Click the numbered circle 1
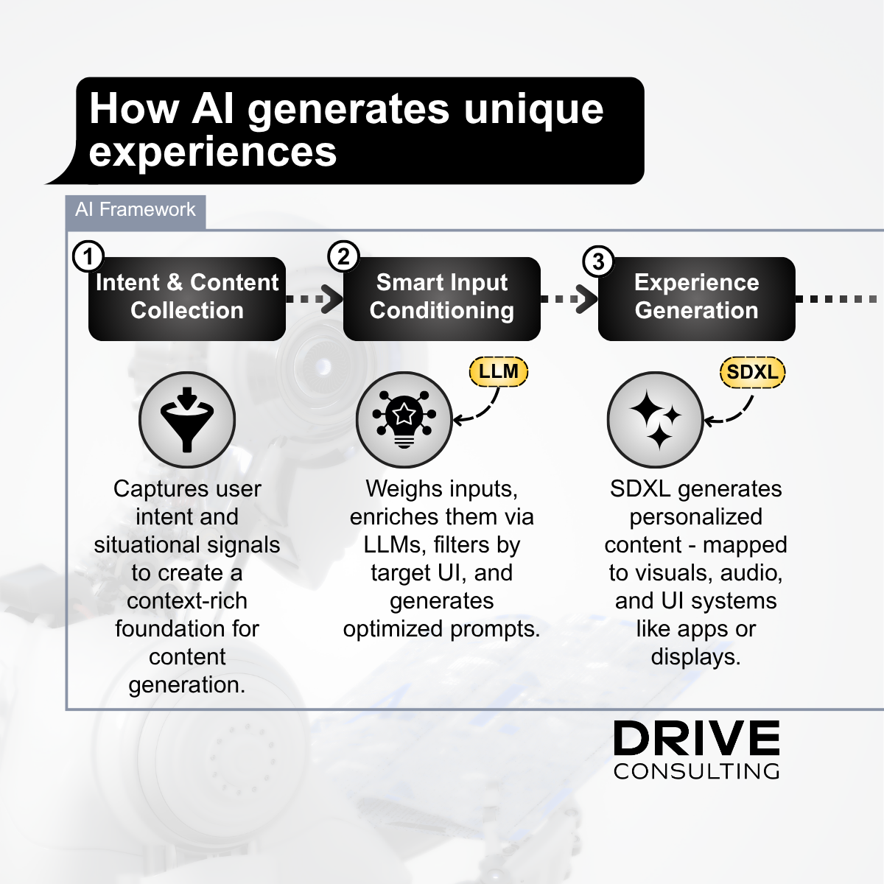coord(88,256)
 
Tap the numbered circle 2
coord(343,256)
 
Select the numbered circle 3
coord(598,262)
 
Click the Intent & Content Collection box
coord(187,298)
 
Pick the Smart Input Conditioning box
coord(442,298)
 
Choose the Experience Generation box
coord(696,298)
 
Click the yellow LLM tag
coord(499,371)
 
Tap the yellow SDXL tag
coord(752,372)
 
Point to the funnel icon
coord(187,420)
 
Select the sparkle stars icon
coord(655,419)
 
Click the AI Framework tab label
coord(136,210)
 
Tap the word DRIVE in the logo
coord(696,738)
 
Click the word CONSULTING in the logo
coord(696,771)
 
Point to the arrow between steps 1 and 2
coord(315,299)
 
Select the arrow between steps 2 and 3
coord(569,299)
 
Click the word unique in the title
coord(533,110)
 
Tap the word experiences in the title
coord(213,152)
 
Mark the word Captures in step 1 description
coord(155,489)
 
